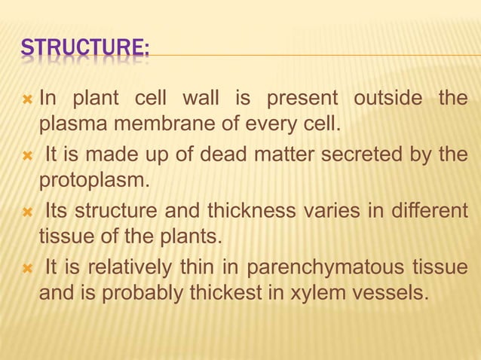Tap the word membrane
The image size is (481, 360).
tap(151, 124)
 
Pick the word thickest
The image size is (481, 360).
tap(261, 293)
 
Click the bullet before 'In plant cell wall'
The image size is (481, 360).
tap(26, 99)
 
